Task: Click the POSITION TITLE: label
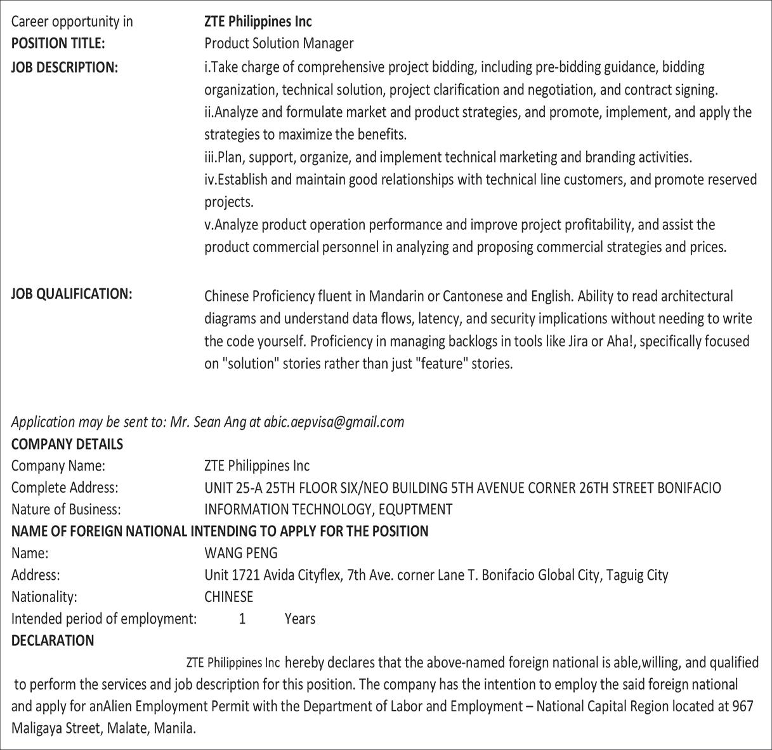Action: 58,44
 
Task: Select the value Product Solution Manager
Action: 278,44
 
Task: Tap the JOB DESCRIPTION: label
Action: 65,67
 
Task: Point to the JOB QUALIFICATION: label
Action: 72,294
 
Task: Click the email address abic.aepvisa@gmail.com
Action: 334,422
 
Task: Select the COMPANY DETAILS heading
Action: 67,445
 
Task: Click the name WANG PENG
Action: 240,553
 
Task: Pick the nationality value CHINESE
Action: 228,597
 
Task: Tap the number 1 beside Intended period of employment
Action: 242,619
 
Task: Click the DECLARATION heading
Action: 53,641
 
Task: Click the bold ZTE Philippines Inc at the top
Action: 258,22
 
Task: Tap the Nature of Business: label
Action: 66,509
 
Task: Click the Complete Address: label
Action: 65,488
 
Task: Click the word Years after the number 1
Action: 299,619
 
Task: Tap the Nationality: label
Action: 44,597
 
